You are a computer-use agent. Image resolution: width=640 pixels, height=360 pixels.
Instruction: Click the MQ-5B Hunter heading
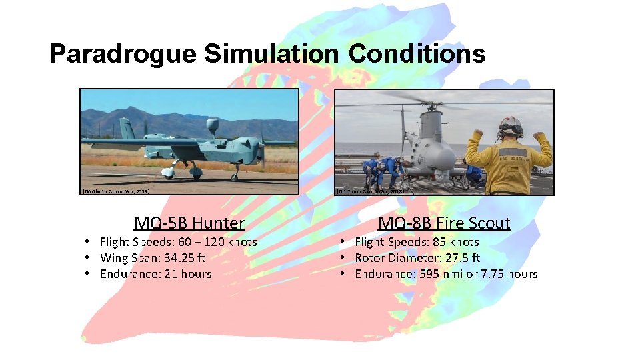pyautogui.click(x=189, y=223)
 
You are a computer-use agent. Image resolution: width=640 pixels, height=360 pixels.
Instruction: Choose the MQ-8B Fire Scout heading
pyautogui.click(x=444, y=223)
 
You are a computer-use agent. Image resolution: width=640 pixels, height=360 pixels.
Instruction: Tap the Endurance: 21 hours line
pyautogui.click(x=155, y=274)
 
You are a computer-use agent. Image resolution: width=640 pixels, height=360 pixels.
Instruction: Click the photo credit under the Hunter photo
pyautogui.click(x=115, y=191)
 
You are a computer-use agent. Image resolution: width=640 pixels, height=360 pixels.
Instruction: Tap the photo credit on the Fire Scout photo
pyautogui.click(x=371, y=191)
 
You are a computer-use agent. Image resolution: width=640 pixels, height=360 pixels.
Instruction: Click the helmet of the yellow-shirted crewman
pyautogui.click(x=511, y=126)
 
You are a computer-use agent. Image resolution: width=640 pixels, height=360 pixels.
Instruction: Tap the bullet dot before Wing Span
pyautogui.click(x=87, y=258)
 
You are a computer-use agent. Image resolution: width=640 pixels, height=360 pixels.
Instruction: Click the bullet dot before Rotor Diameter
pyautogui.click(x=342, y=258)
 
